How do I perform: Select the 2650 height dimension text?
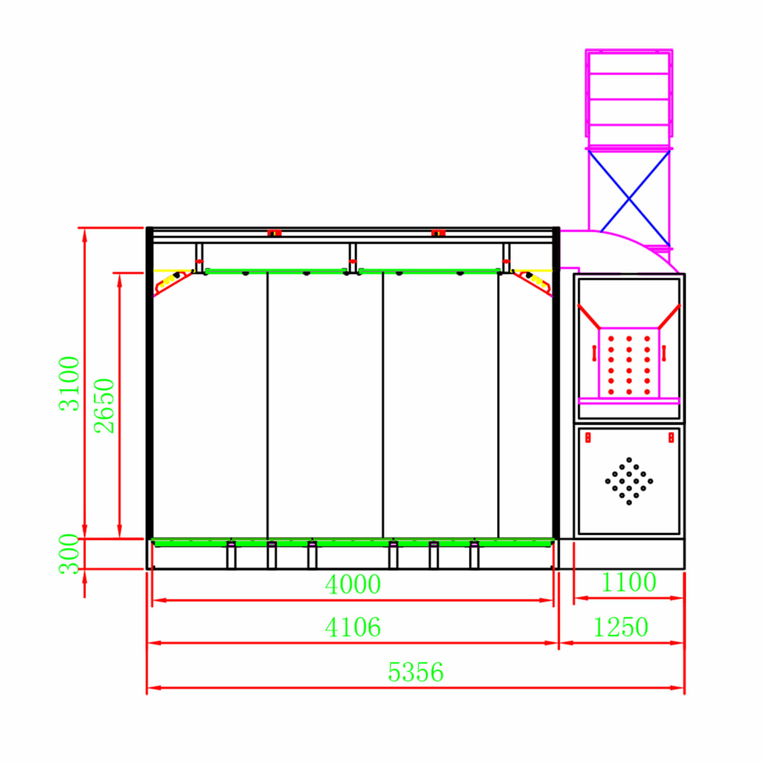104,406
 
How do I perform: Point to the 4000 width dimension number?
353,584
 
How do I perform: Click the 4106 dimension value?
353,627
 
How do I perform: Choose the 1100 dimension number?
629,582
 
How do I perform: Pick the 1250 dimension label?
621,627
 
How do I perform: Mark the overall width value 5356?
416,672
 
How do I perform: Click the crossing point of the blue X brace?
629,199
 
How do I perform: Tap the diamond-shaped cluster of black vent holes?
629,481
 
